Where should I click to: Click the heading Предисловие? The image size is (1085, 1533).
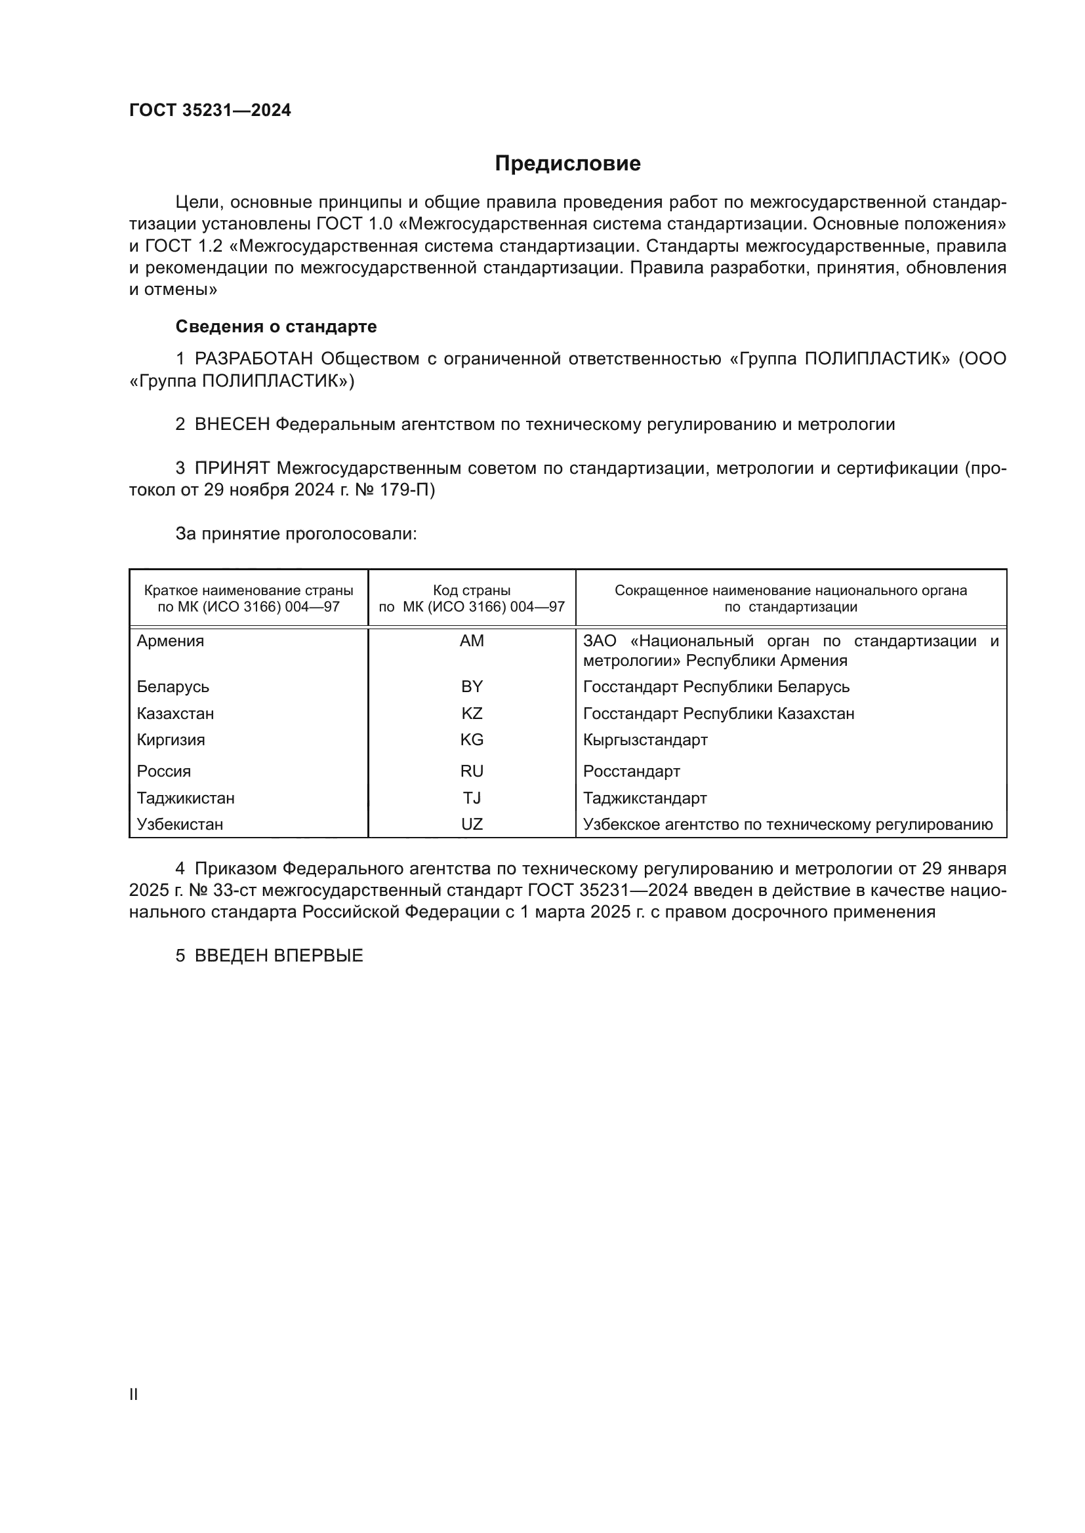click(567, 164)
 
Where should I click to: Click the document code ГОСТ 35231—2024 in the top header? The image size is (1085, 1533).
click(210, 110)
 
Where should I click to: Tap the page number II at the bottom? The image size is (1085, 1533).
click(134, 1394)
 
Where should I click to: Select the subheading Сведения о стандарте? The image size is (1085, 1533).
click(276, 326)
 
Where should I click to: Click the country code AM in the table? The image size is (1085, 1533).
click(472, 641)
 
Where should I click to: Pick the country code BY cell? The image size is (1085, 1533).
click(472, 686)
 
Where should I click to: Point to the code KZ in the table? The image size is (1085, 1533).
click(472, 713)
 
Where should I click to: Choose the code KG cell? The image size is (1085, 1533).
click(472, 740)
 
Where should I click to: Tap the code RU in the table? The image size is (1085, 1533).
click(472, 771)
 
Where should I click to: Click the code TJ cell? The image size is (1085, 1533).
click(472, 798)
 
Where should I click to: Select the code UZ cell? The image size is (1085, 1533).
click(472, 824)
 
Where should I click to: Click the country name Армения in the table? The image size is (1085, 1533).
click(171, 641)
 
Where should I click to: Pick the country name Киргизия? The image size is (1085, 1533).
click(171, 740)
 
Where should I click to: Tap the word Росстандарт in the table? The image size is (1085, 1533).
click(631, 771)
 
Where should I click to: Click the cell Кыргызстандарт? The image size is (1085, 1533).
click(645, 740)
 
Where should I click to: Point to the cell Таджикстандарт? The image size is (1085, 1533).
click(645, 798)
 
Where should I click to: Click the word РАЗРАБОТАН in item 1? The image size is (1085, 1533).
click(254, 359)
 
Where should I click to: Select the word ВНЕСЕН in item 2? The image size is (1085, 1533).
click(232, 425)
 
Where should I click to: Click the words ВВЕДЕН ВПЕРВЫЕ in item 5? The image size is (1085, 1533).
click(279, 956)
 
